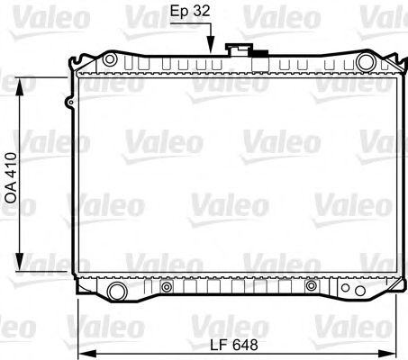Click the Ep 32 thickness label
(x=190, y=11)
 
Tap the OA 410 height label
(x=12, y=178)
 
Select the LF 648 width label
(x=234, y=345)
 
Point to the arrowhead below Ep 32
(x=211, y=48)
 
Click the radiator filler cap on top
(x=239, y=49)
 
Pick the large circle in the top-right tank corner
(x=366, y=62)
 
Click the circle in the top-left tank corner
(x=110, y=59)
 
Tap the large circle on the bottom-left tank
(x=117, y=291)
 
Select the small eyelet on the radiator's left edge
(x=69, y=103)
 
